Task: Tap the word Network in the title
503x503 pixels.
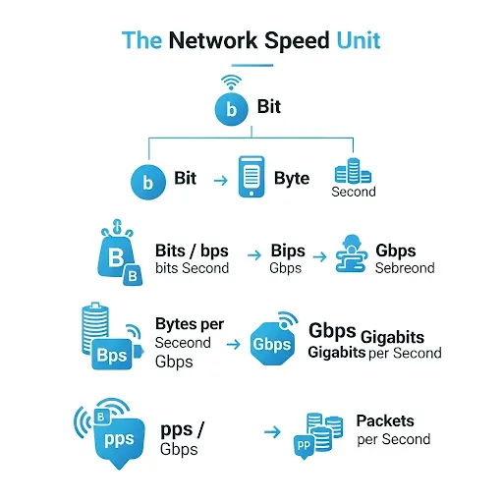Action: pos(213,40)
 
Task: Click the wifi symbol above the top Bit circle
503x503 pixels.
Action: pos(231,82)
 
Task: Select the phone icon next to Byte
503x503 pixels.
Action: pos(251,177)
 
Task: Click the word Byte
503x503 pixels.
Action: pos(292,179)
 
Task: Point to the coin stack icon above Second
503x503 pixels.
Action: pos(353,171)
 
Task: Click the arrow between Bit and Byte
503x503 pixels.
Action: pos(221,180)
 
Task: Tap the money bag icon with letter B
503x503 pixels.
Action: pos(120,252)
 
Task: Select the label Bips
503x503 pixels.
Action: pos(288,251)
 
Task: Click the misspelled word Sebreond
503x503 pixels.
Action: pos(405,268)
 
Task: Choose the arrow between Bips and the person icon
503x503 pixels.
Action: pos(319,256)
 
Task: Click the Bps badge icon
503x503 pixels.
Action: pos(113,355)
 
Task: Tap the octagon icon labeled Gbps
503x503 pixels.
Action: pos(272,344)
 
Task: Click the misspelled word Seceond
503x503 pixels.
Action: pos(183,343)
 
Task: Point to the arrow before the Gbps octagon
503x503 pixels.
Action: pos(233,344)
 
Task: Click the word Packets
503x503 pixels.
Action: pos(385,420)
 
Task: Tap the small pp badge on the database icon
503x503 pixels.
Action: pos(304,446)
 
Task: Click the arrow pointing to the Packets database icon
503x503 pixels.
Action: pos(272,432)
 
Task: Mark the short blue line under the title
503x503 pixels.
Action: pos(252,65)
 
